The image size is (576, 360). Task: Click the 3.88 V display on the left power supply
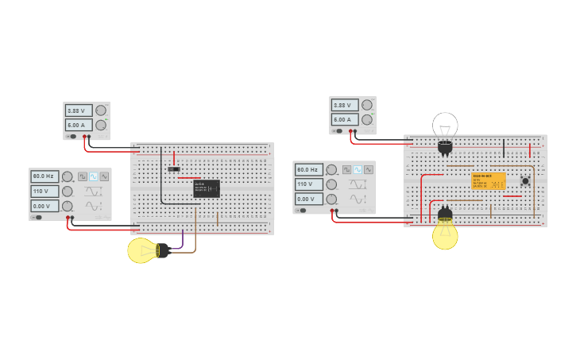coord(79,110)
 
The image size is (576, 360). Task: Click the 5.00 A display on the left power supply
coord(79,125)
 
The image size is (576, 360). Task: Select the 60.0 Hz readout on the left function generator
coord(44,176)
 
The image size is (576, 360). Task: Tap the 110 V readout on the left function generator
coord(44,191)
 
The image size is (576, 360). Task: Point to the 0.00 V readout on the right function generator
coord(308,199)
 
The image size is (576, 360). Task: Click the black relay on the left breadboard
coord(206,188)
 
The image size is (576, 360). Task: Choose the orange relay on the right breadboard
coord(488,181)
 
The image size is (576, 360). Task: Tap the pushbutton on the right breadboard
coord(525,181)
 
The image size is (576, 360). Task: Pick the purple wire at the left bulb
coord(182,239)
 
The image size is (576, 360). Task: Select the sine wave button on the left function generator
coord(104,176)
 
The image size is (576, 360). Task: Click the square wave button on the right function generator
coord(346,169)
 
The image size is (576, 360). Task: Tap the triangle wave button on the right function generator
coord(358,169)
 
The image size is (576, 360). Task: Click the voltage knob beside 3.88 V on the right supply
coord(367,105)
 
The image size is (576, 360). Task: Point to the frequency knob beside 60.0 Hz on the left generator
coord(68,176)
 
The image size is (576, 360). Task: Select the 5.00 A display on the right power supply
coord(344,119)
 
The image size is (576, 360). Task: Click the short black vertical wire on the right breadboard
coord(504,148)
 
